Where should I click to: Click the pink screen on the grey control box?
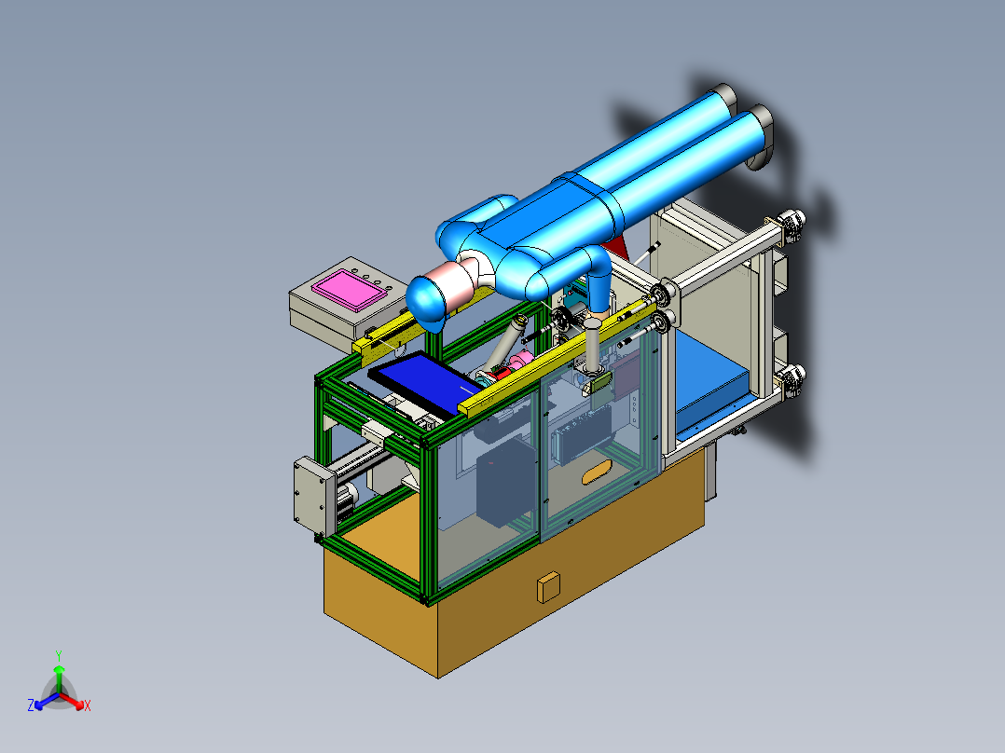350,290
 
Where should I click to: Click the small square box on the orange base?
548,587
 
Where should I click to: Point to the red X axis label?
88,705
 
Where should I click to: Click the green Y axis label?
59,655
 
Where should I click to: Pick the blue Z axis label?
31,705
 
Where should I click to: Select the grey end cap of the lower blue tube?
761,137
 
